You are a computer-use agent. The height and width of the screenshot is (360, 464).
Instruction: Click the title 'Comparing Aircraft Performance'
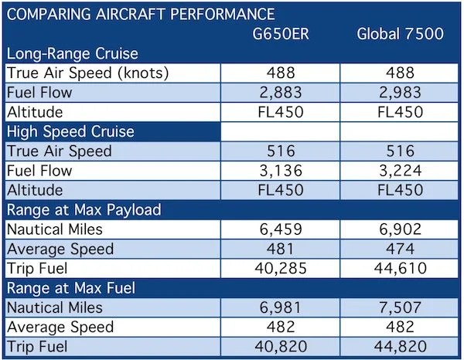coord(140,14)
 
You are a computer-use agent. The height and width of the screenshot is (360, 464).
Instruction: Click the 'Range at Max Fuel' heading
coord(73,287)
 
